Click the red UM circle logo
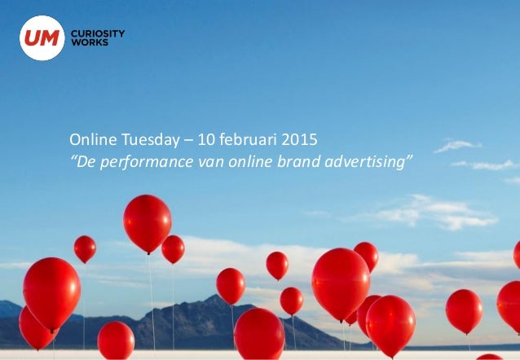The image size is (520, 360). tap(42, 37)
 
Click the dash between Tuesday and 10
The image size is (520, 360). tap(184, 140)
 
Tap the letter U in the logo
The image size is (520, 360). tap(33, 37)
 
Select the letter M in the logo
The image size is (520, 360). tap(49, 37)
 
